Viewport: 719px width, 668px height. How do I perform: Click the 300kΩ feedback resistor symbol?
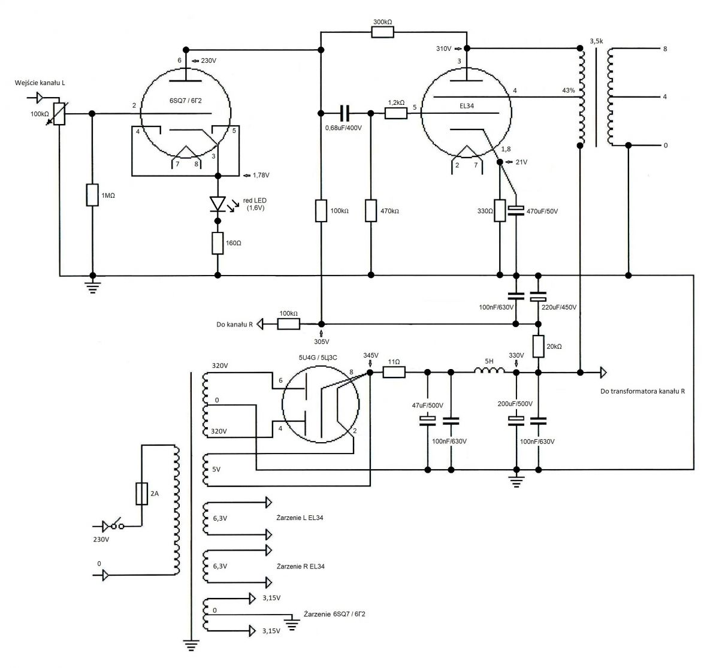382,32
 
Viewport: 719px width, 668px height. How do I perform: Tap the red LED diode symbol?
217,204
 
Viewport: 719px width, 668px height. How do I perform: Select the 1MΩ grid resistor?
92,195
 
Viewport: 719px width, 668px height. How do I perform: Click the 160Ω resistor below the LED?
217,243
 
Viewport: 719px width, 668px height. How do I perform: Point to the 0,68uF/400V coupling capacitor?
345,113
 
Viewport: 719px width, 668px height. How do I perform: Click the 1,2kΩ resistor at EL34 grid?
395,113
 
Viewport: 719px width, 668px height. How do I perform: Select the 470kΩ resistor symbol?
371,211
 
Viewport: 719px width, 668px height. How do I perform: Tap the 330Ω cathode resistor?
500,210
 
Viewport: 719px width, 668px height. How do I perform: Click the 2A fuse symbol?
141,494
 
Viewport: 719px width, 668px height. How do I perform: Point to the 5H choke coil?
489,370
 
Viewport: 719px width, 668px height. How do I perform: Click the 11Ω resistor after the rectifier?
394,372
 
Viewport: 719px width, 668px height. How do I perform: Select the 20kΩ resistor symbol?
538,346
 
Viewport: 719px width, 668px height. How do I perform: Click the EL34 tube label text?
467,106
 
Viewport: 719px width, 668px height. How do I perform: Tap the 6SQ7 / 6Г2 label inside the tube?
185,101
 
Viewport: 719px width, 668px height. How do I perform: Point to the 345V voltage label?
371,355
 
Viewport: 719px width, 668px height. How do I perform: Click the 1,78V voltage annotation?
261,175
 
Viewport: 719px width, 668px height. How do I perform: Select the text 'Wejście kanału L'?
40,83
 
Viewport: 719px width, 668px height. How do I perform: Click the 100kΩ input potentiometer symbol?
59,114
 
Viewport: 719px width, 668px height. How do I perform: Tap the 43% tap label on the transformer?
569,90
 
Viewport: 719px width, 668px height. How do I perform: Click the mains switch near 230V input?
117,525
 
